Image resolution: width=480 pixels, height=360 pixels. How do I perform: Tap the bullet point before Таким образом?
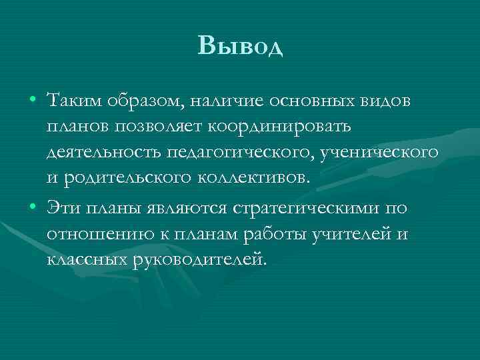33,101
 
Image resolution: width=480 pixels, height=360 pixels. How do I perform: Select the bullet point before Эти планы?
33,208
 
